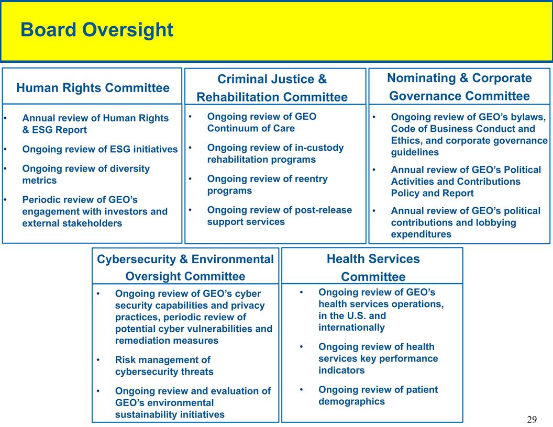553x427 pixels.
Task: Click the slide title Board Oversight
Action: [97, 30]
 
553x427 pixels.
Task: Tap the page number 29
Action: [532, 419]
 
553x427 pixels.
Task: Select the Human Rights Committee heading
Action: [93, 88]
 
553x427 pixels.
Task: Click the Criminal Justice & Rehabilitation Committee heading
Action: [272, 88]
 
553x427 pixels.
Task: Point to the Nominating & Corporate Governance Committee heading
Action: [459, 87]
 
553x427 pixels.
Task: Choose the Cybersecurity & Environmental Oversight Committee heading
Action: [185, 267]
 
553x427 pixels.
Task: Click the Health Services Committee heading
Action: [373, 267]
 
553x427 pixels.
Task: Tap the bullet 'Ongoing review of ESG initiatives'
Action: [99, 149]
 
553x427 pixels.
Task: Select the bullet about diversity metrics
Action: [86, 174]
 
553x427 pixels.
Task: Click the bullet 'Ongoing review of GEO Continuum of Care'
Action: [261, 122]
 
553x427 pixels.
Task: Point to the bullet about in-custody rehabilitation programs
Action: [275, 153]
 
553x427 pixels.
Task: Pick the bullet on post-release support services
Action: [279, 216]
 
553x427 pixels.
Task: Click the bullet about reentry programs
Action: [267, 185]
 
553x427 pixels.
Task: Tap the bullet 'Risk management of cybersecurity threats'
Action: [163, 366]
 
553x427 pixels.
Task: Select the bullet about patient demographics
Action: [378, 396]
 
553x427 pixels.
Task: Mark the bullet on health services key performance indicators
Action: [378, 358]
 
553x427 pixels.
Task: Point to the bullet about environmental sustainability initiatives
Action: [192, 403]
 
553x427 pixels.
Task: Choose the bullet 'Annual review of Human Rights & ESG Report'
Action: [95, 124]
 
